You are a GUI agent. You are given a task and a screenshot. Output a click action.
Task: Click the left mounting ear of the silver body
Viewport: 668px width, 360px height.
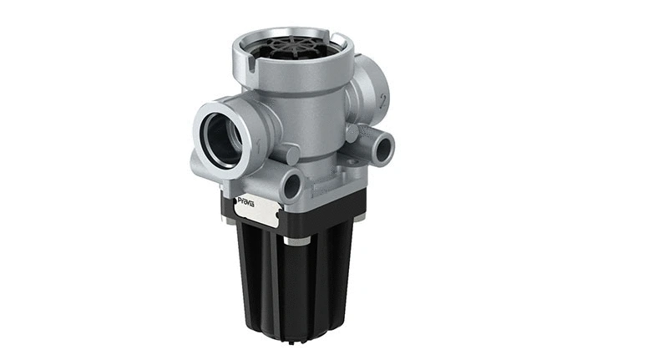200,163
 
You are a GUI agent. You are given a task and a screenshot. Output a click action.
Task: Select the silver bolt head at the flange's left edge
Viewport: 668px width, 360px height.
228,219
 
